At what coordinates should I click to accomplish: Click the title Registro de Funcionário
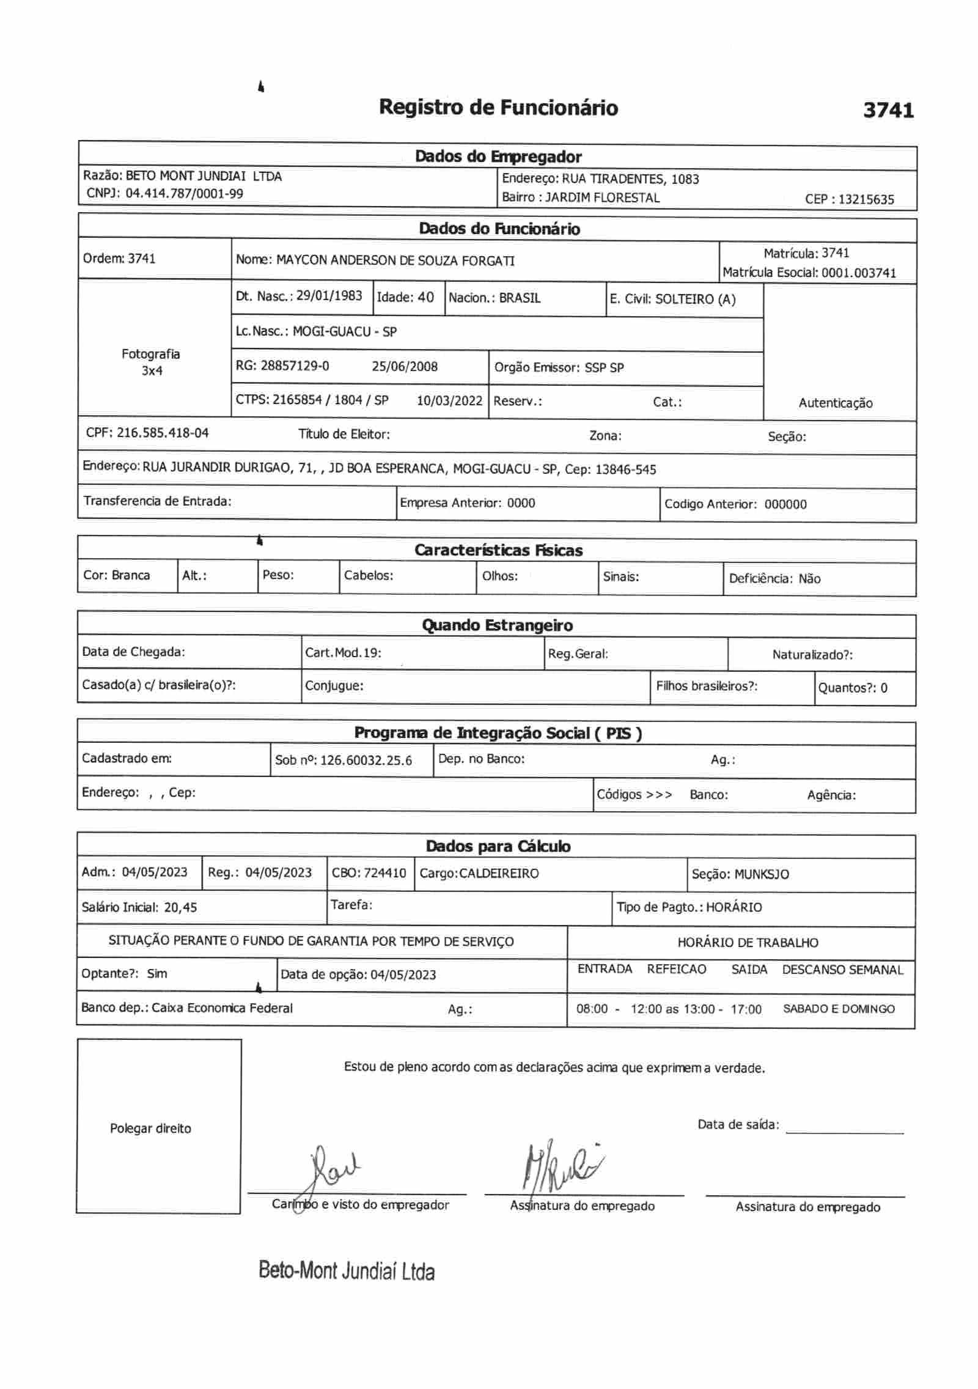coord(498,108)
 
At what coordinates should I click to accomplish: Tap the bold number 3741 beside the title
coord(888,110)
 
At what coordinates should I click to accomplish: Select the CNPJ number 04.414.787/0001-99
coord(184,194)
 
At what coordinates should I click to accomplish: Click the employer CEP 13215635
coord(866,199)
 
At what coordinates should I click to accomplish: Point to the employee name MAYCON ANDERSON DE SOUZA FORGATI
coord(395,260)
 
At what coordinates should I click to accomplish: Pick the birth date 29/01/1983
coord(329,297)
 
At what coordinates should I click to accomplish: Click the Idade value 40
coord(425,298)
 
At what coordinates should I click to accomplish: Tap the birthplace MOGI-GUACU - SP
coord(344,332)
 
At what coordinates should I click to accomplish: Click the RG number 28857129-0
coord(295,366)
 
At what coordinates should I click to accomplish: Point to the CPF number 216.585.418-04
coord(163,433)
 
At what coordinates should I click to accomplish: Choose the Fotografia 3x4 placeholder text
coord(151,362)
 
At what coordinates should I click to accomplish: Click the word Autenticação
coord(835,403)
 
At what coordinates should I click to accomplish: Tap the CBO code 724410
coord(385,873)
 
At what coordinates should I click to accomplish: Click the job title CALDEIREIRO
coord(499,874)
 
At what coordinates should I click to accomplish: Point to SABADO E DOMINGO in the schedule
coord(839,1009)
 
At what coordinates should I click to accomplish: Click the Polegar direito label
coord(150,1129)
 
